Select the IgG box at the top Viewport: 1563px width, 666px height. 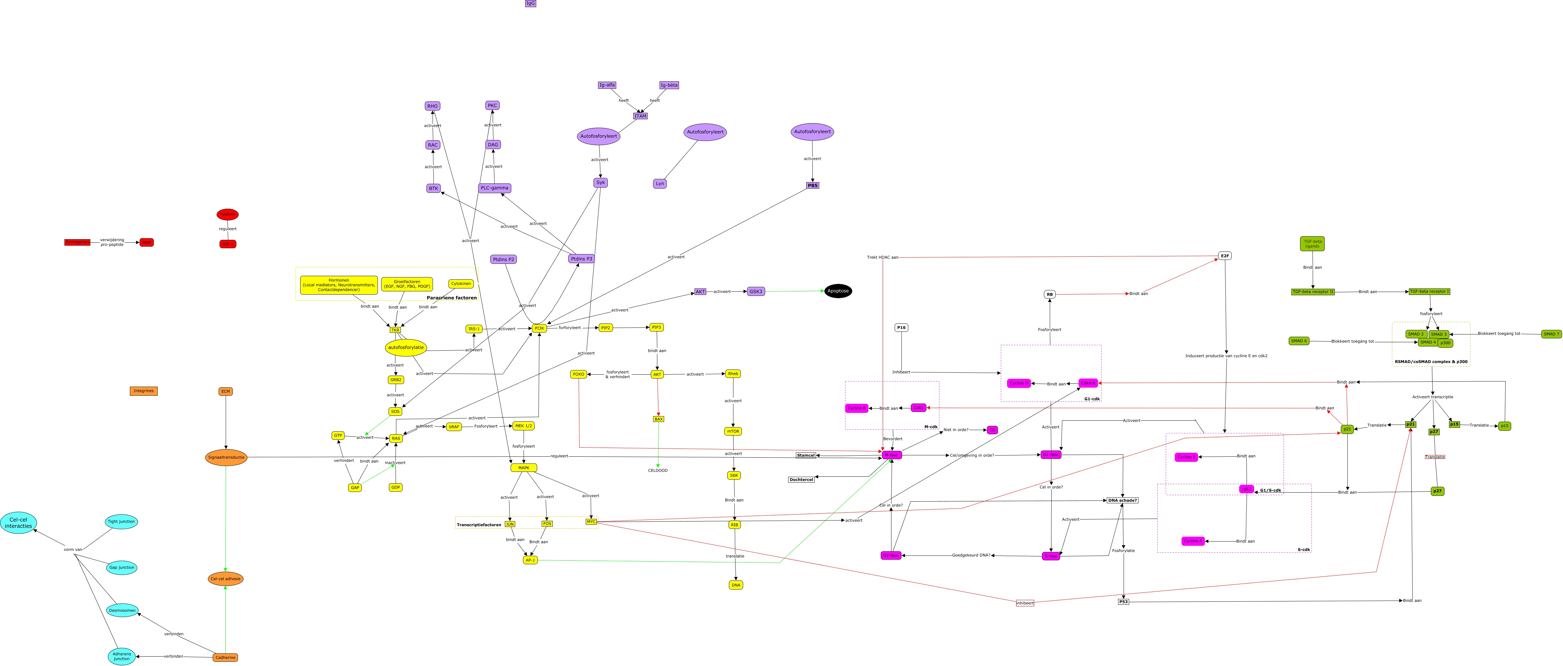530,4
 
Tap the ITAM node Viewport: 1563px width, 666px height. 640,116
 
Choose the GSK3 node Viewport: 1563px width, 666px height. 755,291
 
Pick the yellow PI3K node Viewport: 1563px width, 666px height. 539,328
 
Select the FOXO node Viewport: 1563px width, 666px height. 578,375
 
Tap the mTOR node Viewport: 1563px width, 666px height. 733,432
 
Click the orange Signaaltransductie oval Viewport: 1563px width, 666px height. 226,457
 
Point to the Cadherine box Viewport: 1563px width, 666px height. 225,658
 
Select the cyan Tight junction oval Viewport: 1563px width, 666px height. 121,521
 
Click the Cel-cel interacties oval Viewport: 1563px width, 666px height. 18,523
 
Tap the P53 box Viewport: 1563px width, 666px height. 1123,602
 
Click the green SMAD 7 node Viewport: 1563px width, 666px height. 1551,334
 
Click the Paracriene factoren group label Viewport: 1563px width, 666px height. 451,298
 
